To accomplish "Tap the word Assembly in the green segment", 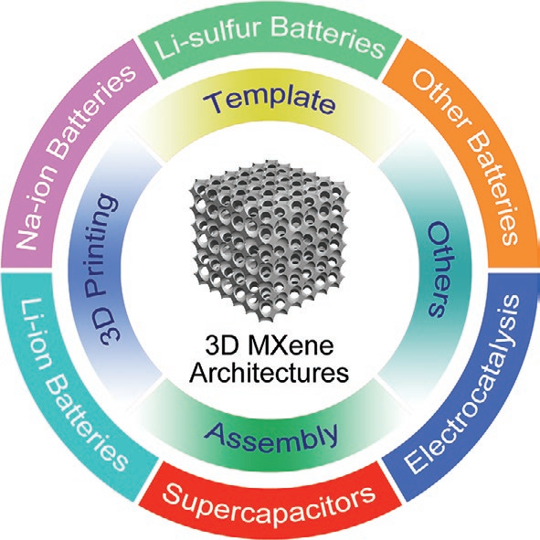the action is pyautogui.click(x=271, y=436).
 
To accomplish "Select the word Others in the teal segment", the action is pyautogui.click(x=439, y=269).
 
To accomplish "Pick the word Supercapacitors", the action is pyautogui.click(x=270, y=503).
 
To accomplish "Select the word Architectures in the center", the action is pyautogui.click(x=270, y=373).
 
